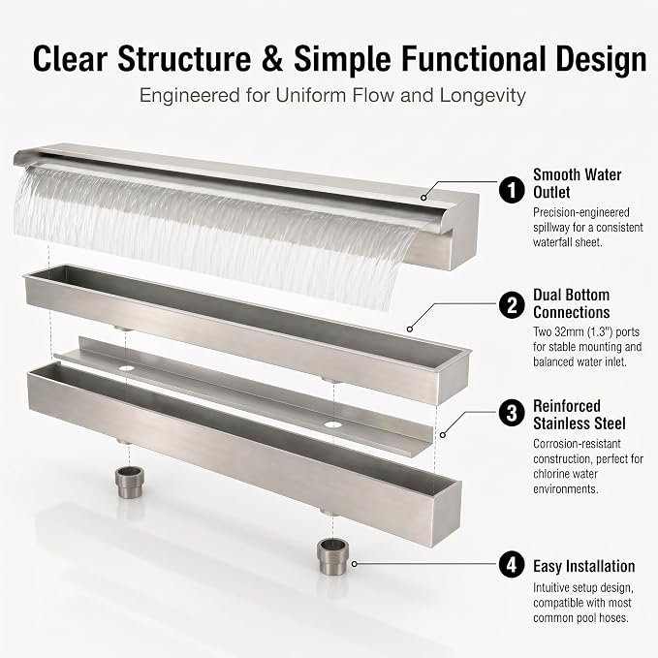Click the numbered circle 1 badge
[x=512, y=190]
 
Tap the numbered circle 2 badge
[x=512, y=305]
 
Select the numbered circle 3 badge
[x=512, y=413]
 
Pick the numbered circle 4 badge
[x=512, y=565]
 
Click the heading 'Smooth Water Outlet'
[x=577, y=183]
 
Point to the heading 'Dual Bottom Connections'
[x=572, y=304]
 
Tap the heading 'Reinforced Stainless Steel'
[x=580, y=415]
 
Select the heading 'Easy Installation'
[x=583, y=566]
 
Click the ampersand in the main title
[x=272, y=59]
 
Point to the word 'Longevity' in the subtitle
[x=483, y=96]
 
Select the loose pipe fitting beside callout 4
[x=332, y=557]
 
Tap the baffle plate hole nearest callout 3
[x=332, y=424]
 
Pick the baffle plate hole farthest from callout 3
[x=126, y=368]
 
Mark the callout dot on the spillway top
[x=424, y=198]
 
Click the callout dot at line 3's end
[x=442, y=435]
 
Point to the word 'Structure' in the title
[x=184, y=59]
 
